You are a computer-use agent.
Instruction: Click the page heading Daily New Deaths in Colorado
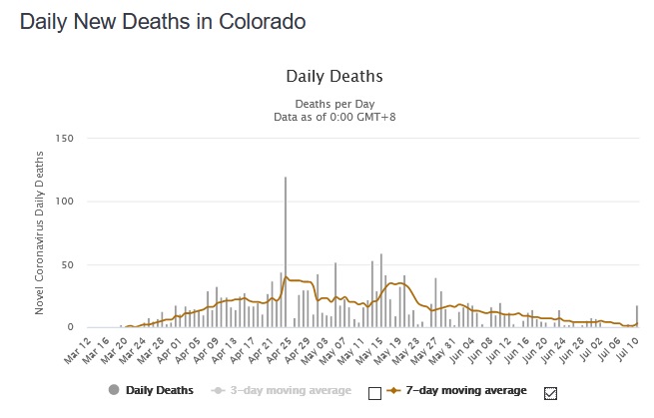[x=163, y=21]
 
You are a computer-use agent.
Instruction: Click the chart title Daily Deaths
[x=334, y=76]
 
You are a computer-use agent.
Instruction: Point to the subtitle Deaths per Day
[x=334, y=103]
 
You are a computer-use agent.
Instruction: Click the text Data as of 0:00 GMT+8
[x=334, y=117]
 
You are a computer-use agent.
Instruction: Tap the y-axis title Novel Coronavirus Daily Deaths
[x=40, y=231]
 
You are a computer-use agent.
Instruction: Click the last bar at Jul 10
[x=637, y=317]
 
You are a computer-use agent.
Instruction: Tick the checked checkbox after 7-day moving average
[x=550, y=391]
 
